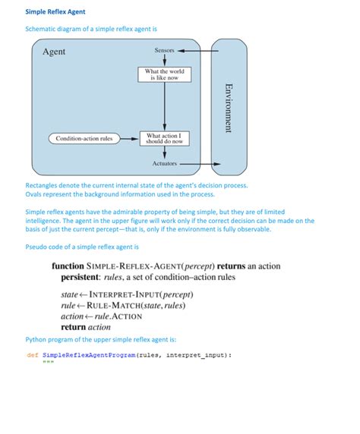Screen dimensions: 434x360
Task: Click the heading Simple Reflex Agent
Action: (x=55, y=12)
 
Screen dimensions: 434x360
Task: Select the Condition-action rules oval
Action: (x=84, y=138)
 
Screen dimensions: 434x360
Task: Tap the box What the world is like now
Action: (x=164, y=74)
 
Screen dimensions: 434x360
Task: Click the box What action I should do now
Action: (x=164, y=138)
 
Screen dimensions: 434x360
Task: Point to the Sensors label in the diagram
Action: (x=164, y=51)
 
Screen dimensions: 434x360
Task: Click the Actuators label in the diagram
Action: (x=164, y=163)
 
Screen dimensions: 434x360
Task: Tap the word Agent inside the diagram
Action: (x=54, y=52)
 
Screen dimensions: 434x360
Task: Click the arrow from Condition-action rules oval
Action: (x=129, y=138)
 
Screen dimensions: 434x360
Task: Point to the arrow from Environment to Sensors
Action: (x=197, y=51)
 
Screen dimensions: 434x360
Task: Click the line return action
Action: (x=85, y=327)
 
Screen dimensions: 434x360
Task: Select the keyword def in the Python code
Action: (x=32, y=354)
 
